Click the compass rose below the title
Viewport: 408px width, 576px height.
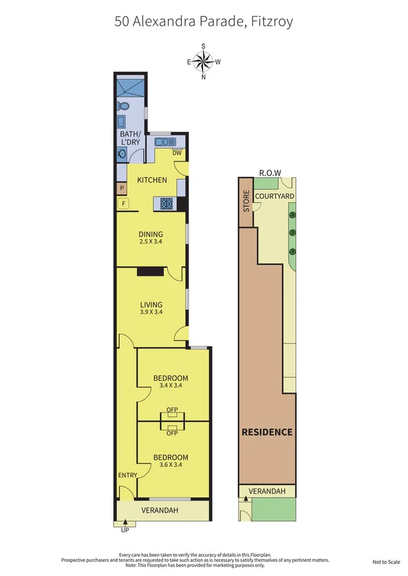(x=204, y=61)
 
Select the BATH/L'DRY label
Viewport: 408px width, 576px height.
(x=130, y=138)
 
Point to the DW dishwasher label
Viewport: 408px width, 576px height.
(x=177, y=152)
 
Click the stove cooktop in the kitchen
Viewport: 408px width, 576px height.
(x=166, y=204)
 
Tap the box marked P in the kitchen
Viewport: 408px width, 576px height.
(x=122, y=188)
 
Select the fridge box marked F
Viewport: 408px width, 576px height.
(x=122, y=204)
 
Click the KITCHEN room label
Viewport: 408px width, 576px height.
(x=152, y=180)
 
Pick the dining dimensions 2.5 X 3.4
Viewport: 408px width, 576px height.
(x=151, y=242)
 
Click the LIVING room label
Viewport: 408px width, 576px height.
(x=151, y=305)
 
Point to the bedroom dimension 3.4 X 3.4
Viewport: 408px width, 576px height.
(x=171, y=385)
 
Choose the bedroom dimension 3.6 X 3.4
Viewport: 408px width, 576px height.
(x=170, y=465)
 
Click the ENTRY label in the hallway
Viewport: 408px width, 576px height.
(x=127, y=475)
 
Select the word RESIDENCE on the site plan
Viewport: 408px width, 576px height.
(x=267, y=432)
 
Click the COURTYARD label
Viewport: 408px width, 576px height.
(x=274, y=196)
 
